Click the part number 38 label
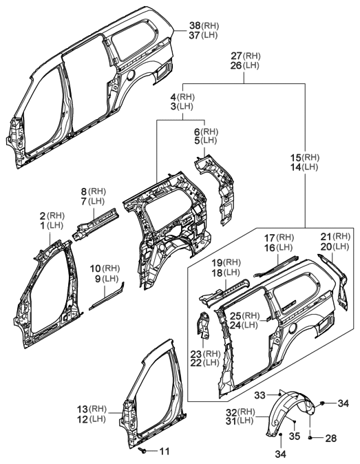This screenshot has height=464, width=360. [196, 25]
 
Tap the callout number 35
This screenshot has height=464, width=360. [295, 436]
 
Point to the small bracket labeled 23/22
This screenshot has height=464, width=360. [204, 326]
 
